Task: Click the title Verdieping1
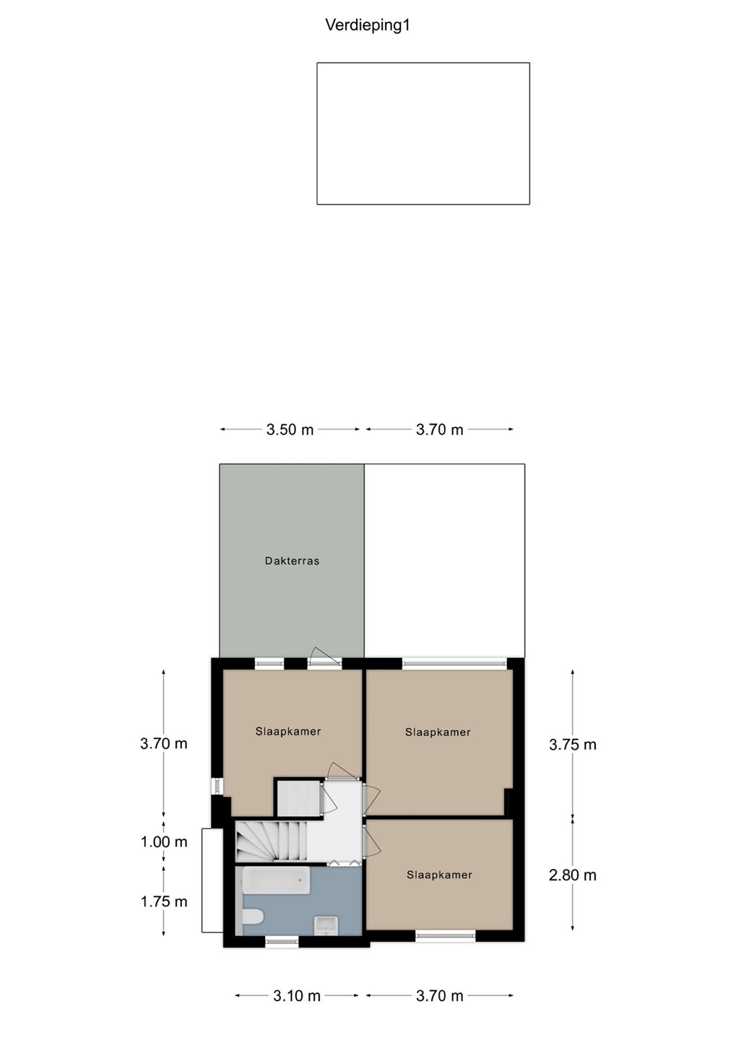pyautogui.click(x=368, y=25)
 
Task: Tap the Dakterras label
pyautogui.click(x=292, y=561)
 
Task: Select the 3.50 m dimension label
pyautogui.click(x=290, y=430)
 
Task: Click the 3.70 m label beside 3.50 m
pyautogui.click(x=439, y=430)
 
